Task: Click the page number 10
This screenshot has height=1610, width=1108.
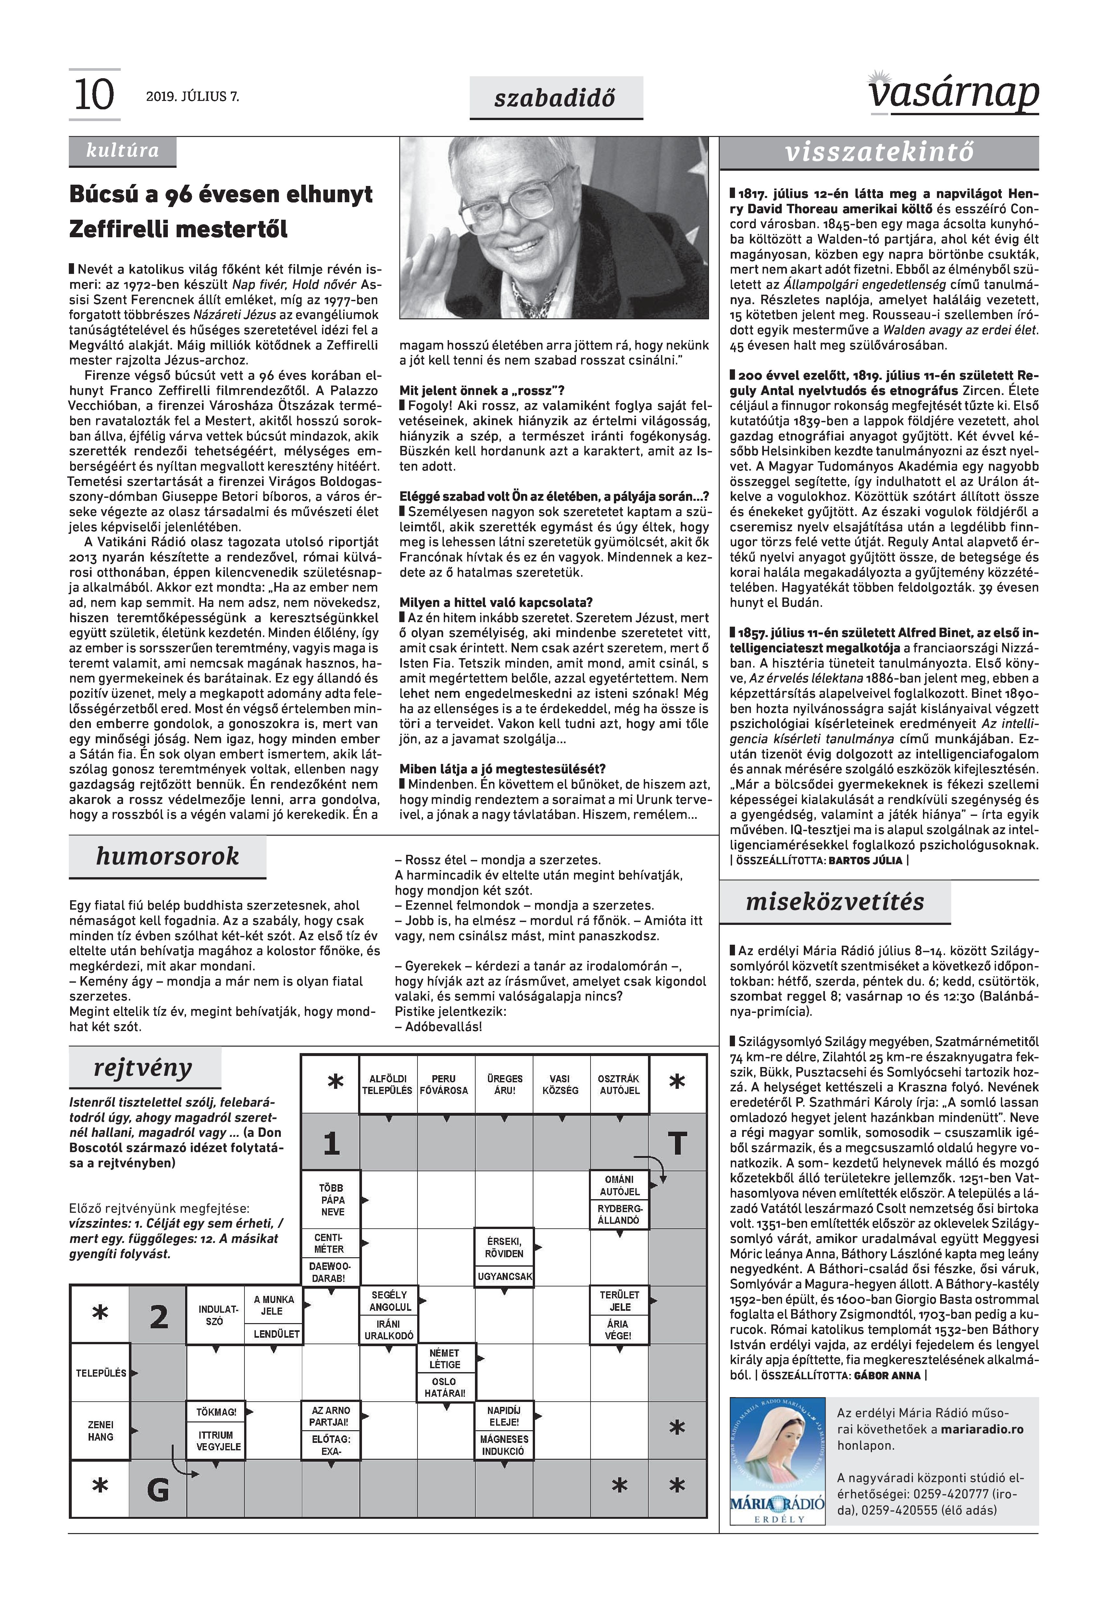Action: (94, 95)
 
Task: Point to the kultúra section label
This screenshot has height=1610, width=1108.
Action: (122, 151)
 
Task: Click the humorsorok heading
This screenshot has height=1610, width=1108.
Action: (167, 856)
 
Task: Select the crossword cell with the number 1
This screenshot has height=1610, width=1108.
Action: (331, 1143)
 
